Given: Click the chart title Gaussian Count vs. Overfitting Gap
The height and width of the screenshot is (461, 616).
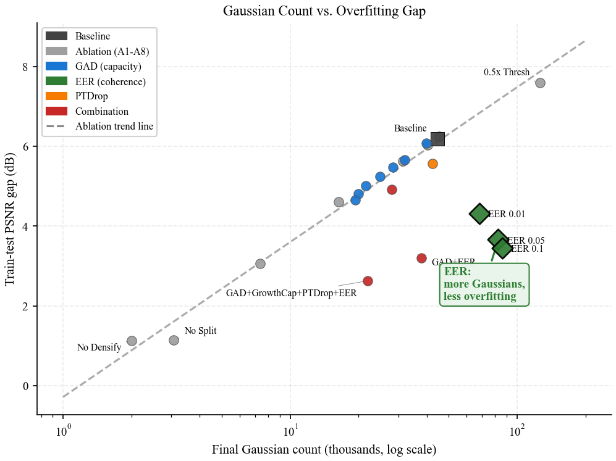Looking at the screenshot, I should point(324,11).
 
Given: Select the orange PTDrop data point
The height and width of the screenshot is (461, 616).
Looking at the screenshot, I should point(432,164).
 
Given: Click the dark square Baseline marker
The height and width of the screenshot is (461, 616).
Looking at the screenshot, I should point(437,139).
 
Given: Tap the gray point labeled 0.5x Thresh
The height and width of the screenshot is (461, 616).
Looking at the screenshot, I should point(540,83).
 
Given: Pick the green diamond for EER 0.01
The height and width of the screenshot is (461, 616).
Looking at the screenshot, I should point(479,214).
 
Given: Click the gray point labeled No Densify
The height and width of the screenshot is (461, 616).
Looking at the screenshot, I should point(132,341).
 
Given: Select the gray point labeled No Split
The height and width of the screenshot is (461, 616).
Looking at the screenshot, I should point(174,340).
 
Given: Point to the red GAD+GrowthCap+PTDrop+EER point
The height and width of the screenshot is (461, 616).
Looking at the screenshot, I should point(368,281).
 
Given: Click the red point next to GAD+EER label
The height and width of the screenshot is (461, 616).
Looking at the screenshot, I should point(421,258).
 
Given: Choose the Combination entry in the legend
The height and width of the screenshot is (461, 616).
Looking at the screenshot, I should point(101,112).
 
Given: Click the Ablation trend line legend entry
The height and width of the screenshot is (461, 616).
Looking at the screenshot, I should point(114,127).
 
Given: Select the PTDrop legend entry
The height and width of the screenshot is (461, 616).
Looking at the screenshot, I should point(92,96).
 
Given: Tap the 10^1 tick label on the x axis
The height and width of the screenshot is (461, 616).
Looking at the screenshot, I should point(290,428).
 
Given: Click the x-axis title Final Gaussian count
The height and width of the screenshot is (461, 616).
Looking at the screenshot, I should point(324,449).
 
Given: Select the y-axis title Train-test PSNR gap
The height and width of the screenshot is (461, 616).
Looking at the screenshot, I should point(10,220).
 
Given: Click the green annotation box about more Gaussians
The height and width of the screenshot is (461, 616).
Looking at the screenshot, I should point(484,284).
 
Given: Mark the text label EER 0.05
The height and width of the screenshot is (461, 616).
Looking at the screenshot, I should point(526,241).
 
